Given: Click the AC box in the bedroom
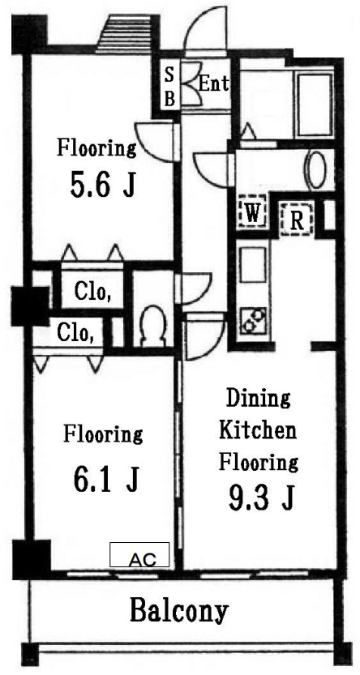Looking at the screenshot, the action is [139, 554].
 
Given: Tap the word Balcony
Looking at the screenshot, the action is [178, 610].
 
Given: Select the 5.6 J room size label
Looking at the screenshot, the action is [102, 185].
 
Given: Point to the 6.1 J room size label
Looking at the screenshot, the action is [106, 480].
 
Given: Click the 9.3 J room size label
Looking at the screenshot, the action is [261, 499].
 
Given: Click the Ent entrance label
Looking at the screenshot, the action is [213, 83].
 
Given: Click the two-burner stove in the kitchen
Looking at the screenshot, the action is [253, 320].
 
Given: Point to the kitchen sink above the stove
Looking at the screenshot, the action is [253, 265].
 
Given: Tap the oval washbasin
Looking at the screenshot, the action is [317, 169].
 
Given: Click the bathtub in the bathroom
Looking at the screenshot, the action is [315, 105].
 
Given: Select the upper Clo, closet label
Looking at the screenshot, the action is [93, 292].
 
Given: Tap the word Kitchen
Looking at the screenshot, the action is [258, 430].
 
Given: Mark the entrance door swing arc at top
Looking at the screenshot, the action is [204, 25].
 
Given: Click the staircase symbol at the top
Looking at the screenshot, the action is [124, 33].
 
